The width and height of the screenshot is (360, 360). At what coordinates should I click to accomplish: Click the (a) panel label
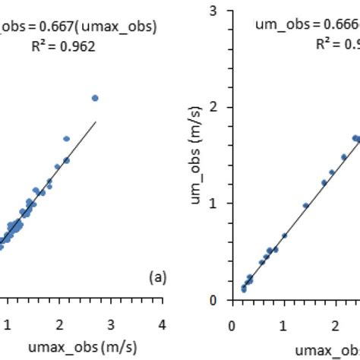point(157,277)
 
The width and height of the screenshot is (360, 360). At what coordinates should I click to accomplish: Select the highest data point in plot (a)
point(95,98)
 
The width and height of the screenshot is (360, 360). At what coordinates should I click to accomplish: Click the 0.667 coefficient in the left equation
point(65,27)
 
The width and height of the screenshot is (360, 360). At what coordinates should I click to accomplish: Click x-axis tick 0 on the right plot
point(232,321)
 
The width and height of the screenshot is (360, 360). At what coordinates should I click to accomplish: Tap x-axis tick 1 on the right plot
point(283,321)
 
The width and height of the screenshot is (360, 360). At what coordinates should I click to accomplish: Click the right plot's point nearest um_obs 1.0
point(305,206)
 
